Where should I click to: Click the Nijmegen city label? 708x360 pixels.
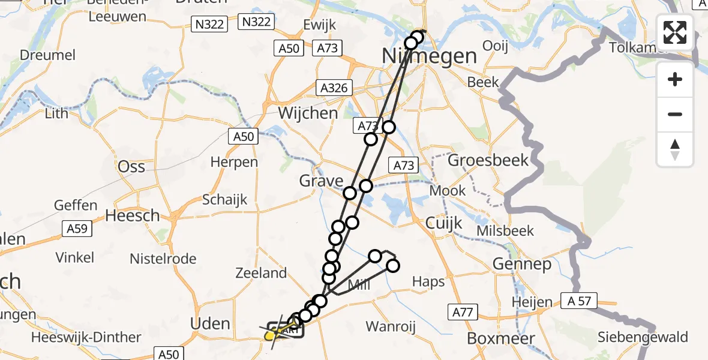click(x=429, y=57)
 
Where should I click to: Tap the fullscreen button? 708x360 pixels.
click(x=675, y=32)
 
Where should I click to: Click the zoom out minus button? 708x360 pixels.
click(x=675, y=114)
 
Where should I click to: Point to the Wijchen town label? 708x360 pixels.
click(x=308, y=113)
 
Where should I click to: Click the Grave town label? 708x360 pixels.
click(x=322, y=181)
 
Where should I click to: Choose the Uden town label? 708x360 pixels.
click(x=210, y=324)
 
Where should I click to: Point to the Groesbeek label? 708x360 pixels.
click(x=488, y=160)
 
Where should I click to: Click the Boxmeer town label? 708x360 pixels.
click(x=492, y=338)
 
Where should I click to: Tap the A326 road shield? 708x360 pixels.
click(x=333, y=88)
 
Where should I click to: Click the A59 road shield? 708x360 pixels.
click(x=77, y=228)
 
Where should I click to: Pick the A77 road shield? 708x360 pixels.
click(x=462, y=311)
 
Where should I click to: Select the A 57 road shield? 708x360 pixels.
click(x=577, y=301)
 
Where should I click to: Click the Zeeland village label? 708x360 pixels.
click(x=262, y=274)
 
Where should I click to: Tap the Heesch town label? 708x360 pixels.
click(x=133, y=215)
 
